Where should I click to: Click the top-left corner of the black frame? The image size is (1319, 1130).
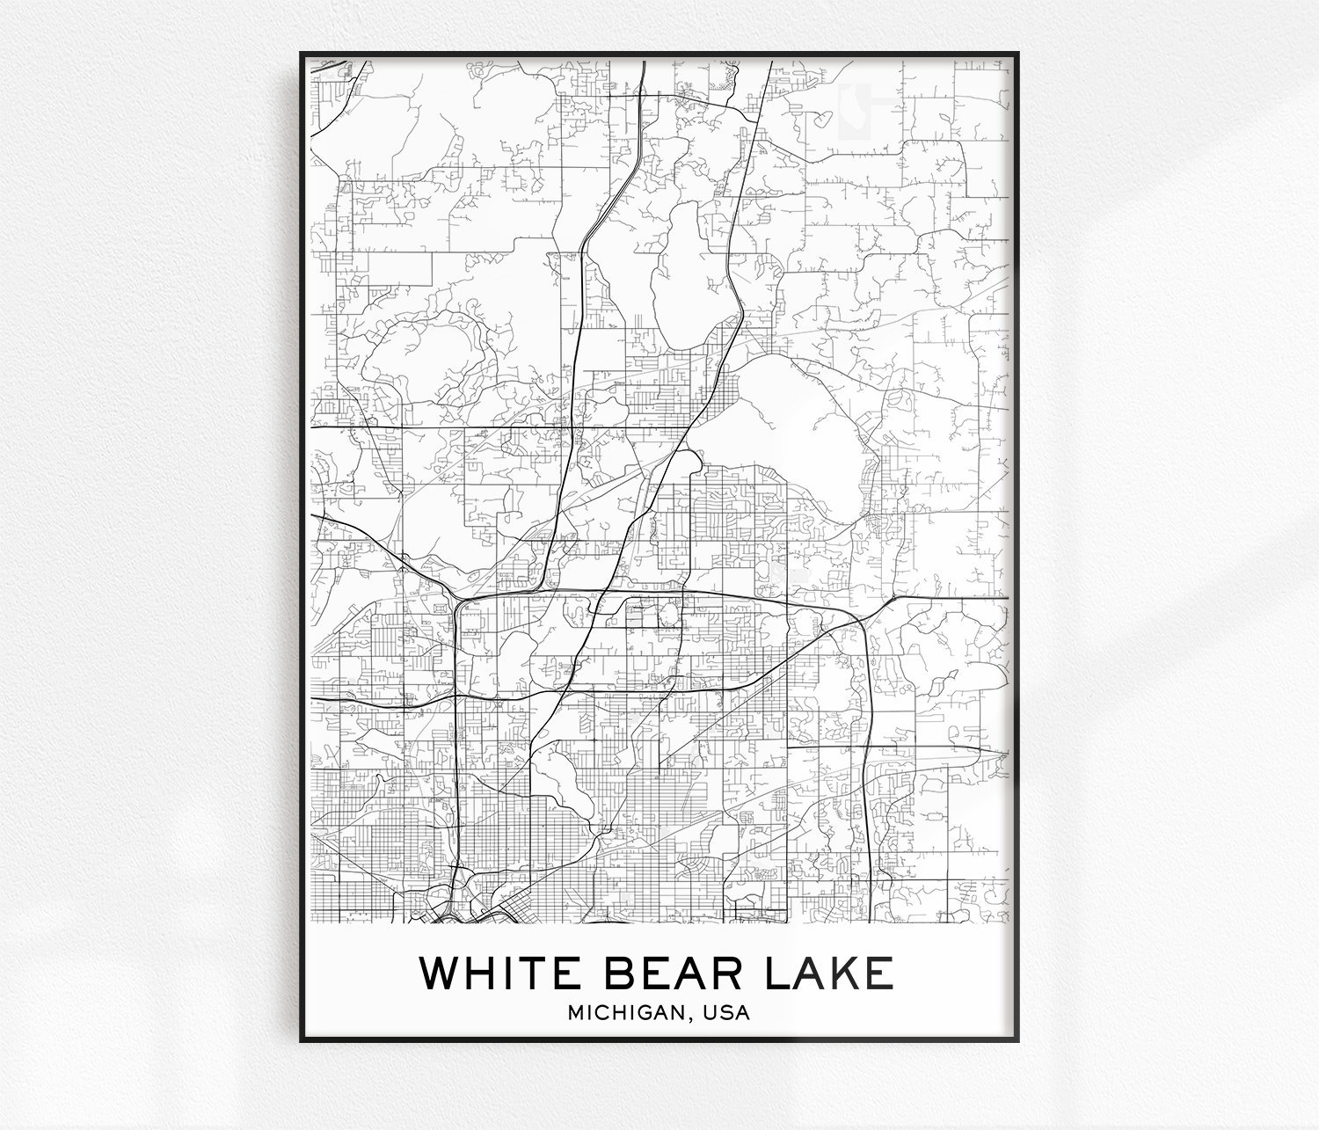(300, 52)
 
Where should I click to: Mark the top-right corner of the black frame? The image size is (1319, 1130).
(1019, 52)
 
